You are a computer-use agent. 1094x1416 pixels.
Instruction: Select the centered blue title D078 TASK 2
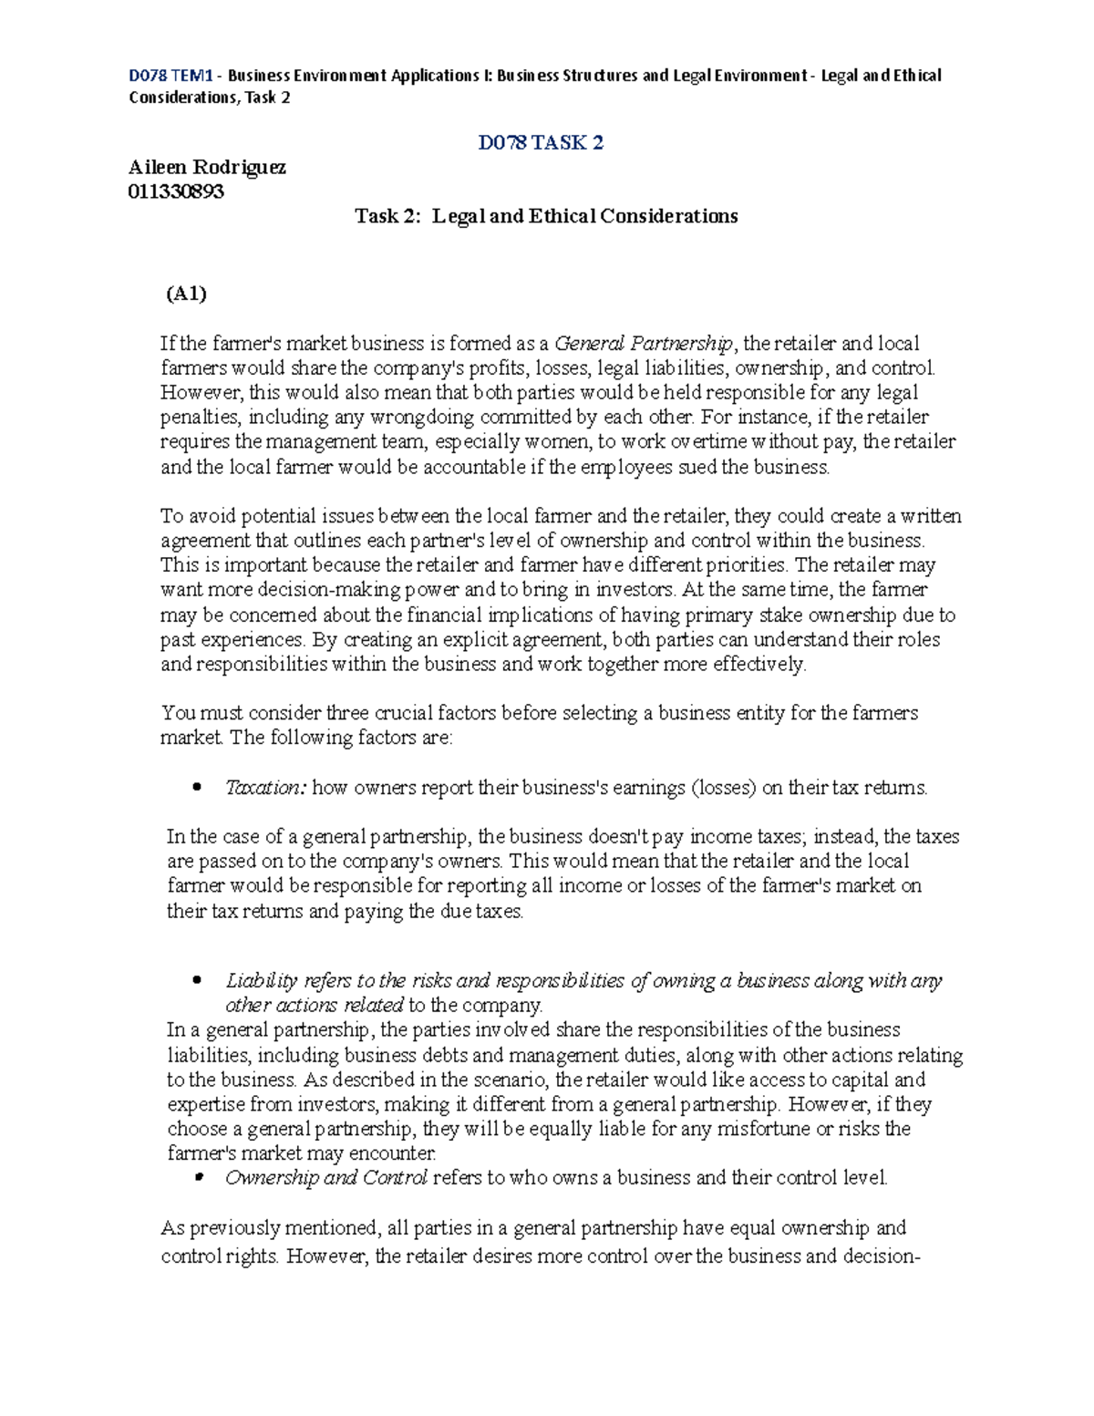(542, 143)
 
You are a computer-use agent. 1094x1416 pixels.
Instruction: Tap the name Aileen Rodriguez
(208, 168)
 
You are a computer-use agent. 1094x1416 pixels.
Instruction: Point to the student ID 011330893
(176, 191)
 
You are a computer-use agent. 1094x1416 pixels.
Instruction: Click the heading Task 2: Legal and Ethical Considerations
(546, 216)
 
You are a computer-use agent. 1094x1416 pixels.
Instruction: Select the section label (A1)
(186, 294)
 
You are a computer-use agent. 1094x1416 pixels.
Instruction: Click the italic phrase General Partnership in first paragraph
(643, 344)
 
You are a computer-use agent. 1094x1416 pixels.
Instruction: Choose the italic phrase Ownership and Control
(326, 1178)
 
